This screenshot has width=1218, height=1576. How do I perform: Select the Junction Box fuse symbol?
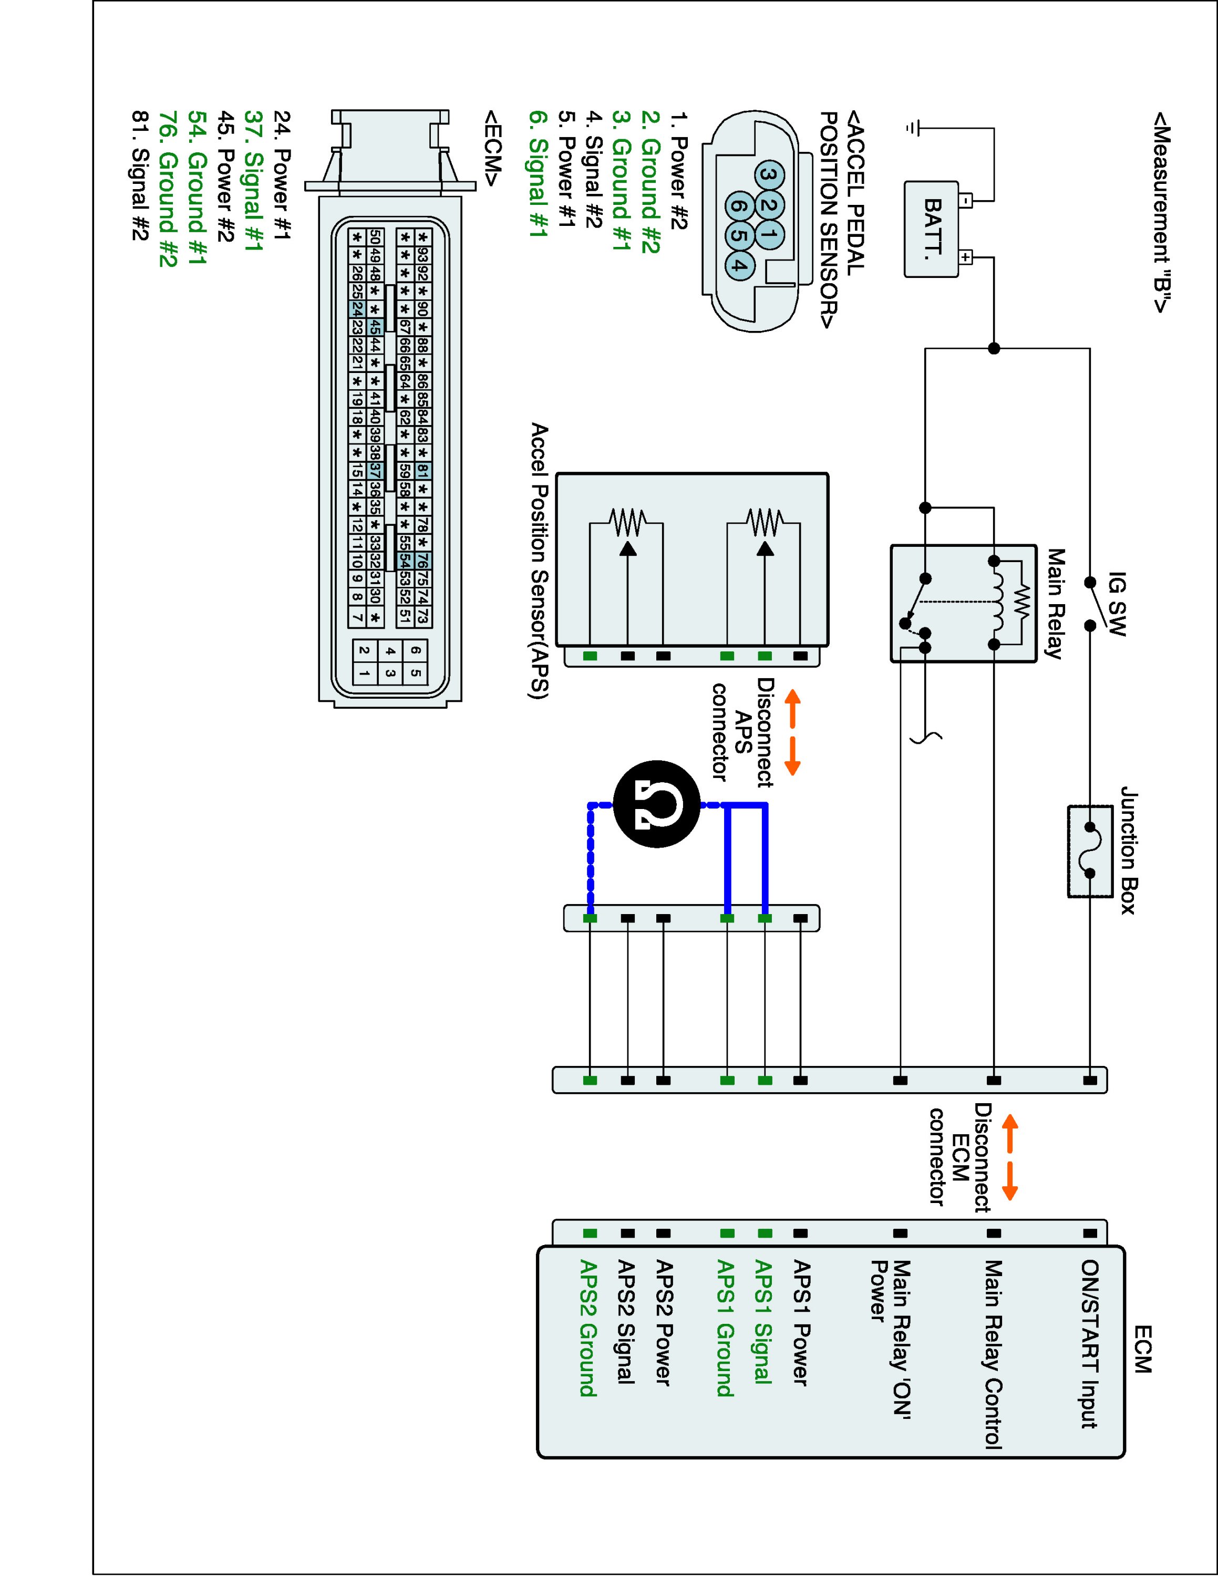click(x=1090, y=851)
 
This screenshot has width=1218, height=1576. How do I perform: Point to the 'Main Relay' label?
click(x=1056, y=603)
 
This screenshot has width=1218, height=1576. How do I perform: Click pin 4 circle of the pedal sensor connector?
click(x=737, y=264)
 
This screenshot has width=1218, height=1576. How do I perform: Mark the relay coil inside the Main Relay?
click(x=998, y=603)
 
